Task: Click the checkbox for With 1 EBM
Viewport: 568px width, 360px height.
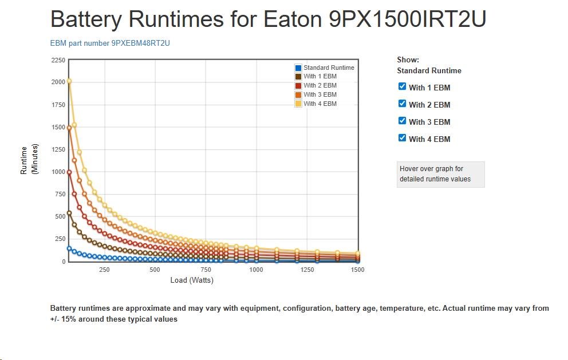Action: tap(402, 86)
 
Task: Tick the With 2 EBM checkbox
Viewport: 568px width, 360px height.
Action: tap(402, 104)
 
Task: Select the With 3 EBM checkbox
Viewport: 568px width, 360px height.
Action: tap(402, 121)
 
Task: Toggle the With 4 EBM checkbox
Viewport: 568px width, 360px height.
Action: tap(402, 138)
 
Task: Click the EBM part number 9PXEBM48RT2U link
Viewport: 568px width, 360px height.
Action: tap(111, 43)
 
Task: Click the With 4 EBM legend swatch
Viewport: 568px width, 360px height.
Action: tap(298, 104)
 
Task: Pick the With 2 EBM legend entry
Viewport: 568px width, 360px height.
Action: tap(319, 86)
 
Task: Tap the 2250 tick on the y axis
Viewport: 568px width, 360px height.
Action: tap(58, 60)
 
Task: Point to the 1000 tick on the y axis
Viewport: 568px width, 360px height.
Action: tap(58, 172)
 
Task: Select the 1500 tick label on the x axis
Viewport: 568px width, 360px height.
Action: tap(357, 270)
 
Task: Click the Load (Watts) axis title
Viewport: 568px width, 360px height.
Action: tap(192, 280)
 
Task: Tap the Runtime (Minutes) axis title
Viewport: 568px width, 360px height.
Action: tap(28, 160)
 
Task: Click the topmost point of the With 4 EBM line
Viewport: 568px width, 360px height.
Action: tap(69, 81)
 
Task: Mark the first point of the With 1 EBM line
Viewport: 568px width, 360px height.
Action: tap(69, 213)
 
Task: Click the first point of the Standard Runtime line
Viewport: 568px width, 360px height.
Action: tap(69, 248)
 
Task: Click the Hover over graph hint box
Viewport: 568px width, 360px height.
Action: tap(440, 174)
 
